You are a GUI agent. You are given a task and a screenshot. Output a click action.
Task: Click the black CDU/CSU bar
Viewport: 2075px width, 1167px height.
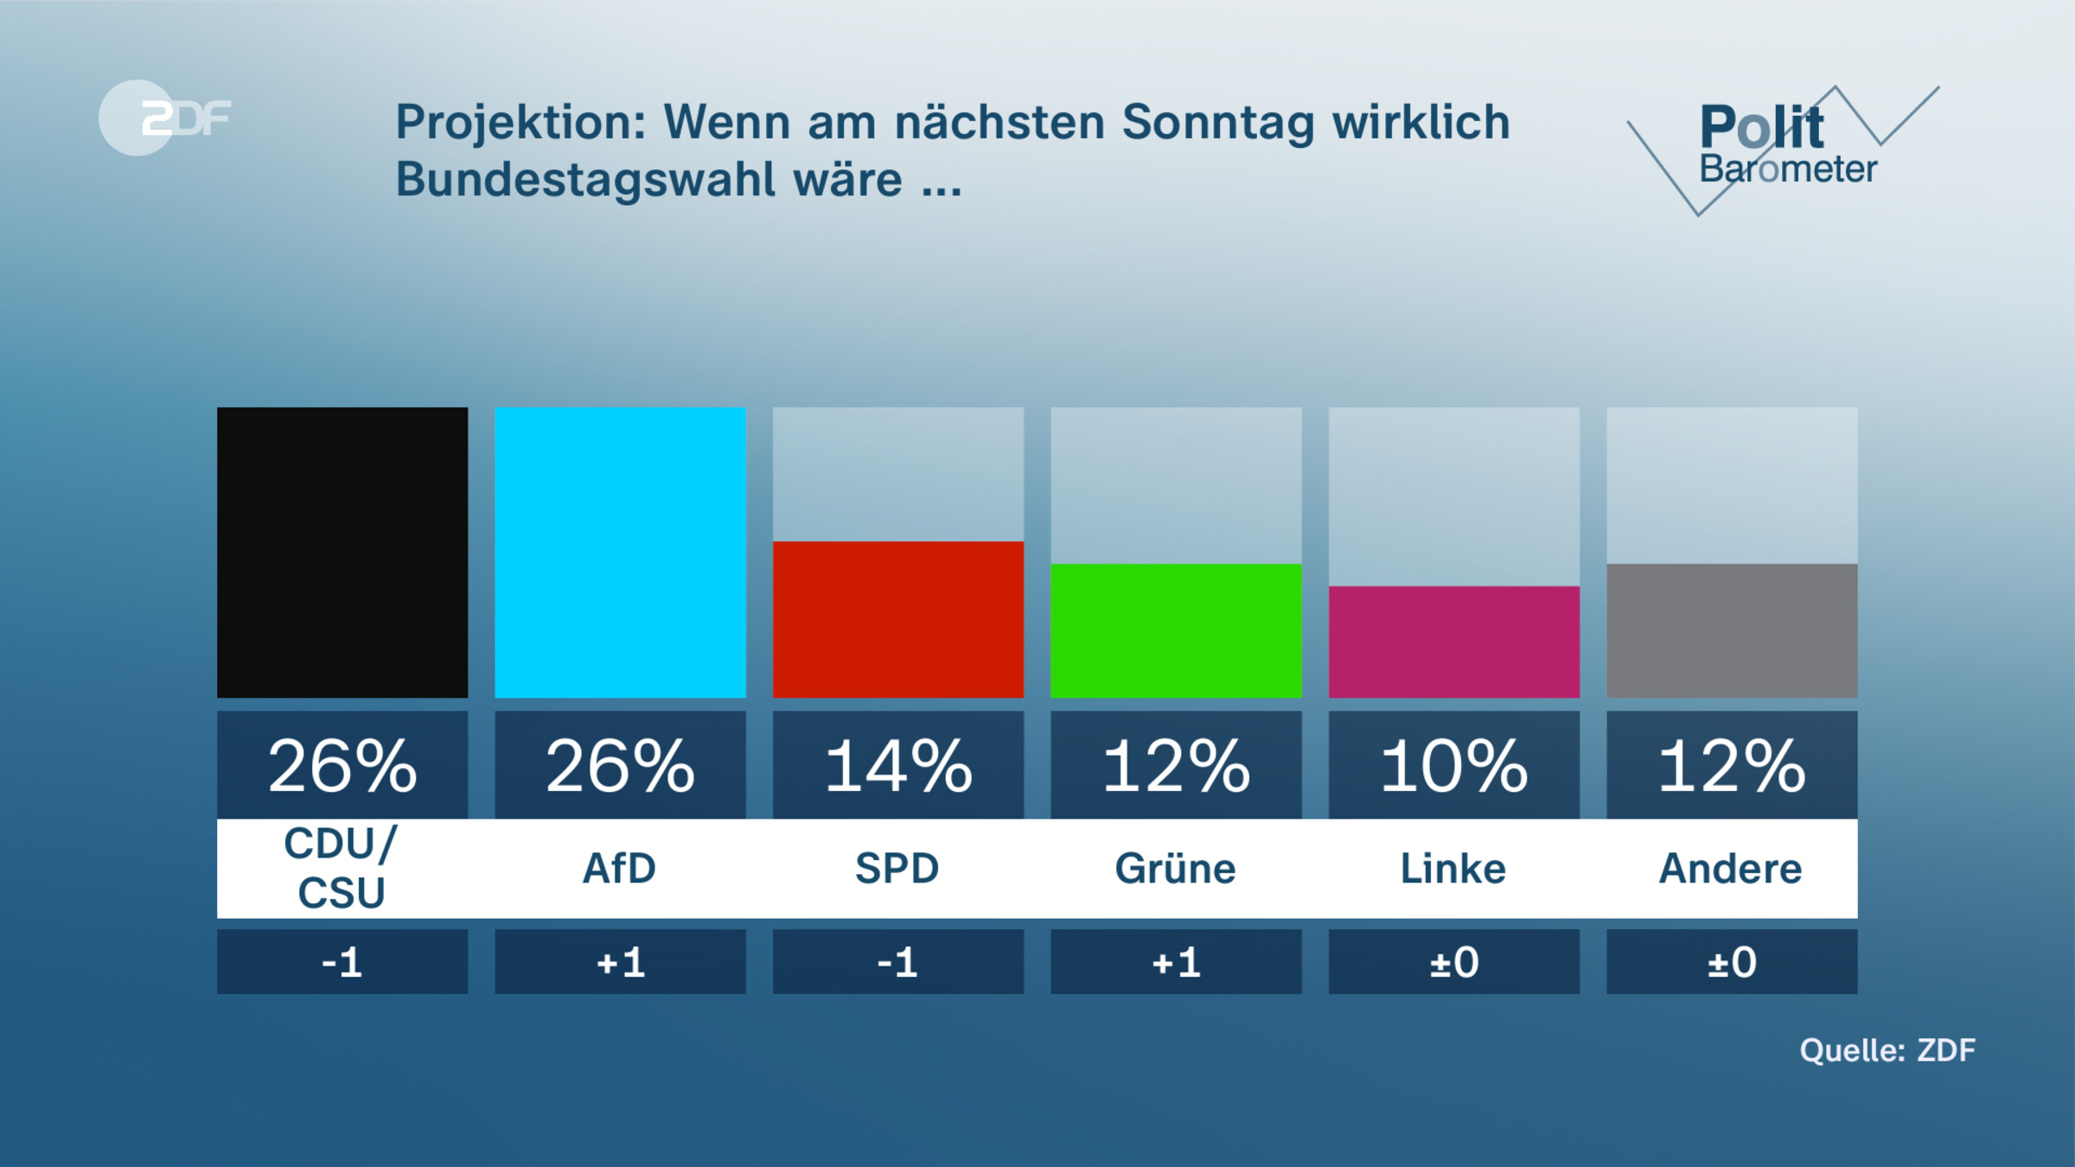point(342,552)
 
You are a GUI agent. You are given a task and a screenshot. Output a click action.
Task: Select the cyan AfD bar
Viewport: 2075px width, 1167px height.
point(620,552)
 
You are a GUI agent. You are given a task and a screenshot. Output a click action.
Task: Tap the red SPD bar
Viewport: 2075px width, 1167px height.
point(897,619)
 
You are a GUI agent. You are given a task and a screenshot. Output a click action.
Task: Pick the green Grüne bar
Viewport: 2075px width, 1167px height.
point(1176,630)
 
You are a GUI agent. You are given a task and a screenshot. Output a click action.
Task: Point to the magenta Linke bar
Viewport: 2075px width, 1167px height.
point(1453,641)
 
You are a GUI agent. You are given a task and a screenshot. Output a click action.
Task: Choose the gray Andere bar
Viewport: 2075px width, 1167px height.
point(1732,630)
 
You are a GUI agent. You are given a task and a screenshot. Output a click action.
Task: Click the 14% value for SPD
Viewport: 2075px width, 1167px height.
point(897,766)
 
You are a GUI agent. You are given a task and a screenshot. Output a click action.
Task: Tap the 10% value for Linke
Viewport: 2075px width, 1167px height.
point(1453,766)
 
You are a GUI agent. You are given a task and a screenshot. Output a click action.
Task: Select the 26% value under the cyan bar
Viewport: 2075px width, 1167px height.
point(620,766)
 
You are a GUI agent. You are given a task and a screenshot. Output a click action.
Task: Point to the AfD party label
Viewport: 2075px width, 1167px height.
point(620,868)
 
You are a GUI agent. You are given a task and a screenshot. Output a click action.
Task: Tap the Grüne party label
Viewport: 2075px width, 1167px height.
point(1176,868)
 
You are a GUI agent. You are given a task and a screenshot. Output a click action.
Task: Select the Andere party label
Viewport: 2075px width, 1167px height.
point(1731,868)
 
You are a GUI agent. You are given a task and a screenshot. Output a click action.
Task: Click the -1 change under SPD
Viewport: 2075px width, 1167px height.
point(897,962)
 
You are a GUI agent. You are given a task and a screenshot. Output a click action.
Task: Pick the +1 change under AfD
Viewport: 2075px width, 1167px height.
point(620,962)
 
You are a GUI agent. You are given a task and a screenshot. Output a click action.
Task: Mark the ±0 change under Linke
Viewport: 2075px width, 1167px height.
point(1453,962)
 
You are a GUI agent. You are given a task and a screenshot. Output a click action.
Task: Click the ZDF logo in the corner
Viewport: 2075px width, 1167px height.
point(164,118)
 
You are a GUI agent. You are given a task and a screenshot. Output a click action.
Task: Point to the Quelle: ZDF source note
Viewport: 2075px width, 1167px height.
point(1887,1050)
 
